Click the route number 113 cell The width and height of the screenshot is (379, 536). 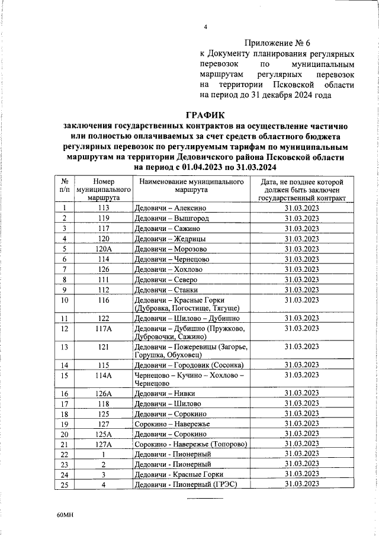[x=104, y=208]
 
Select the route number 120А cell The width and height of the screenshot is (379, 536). [x=104, y=249]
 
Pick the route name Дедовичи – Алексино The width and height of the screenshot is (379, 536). [x=170, y=208]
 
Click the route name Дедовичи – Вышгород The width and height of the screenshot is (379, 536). [x=169, y=218]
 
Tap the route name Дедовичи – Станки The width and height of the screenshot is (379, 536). [x=165, y=290]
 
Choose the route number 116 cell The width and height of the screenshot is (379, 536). [x=104, y=300]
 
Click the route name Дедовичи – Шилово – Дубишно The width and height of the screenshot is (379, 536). [x=187, y=318]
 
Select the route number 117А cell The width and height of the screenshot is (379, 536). [x=104, y=328]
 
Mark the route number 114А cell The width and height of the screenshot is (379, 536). [x=104, y=375]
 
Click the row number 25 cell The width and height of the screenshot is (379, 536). [x=64, y=484]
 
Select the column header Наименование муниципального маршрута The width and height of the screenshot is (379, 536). [x=191, y=187]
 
